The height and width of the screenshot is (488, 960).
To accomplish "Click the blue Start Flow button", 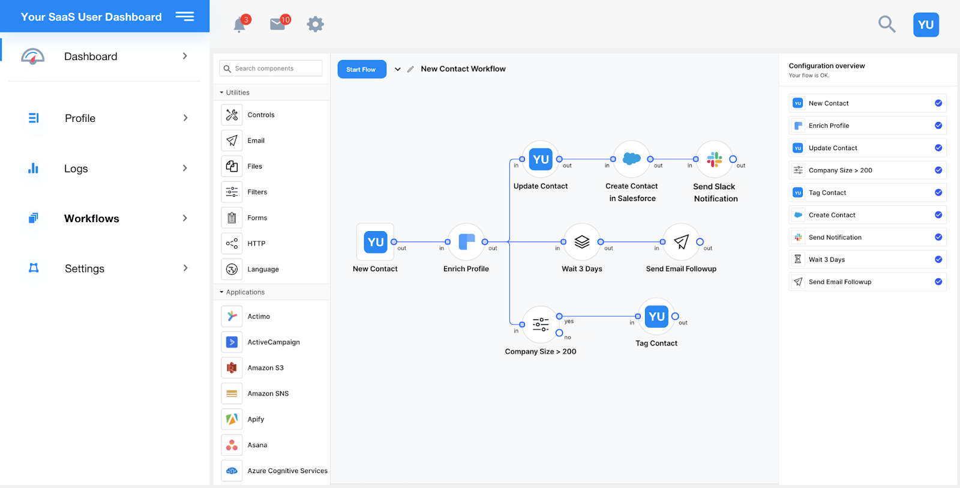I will pyautogui.click(x=361, y=70).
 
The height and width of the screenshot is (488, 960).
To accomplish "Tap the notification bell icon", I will pyautogui.click(x=239, y=25).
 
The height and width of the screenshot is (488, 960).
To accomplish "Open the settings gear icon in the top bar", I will pyautogui.click(x=315, y=24).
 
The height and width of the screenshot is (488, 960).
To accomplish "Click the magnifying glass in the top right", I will pyautogui.click(x=886, y=24).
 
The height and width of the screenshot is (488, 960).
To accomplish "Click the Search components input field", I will pyautogui.click(x=271, y=68).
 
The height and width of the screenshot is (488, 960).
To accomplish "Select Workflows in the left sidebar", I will pyautogui.click(x=92, y=218).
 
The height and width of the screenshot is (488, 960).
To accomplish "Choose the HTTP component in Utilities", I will pyautogui.click(x=256, y=244).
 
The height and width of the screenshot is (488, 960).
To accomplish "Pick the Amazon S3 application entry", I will pyautogui.click(x=265, y=368).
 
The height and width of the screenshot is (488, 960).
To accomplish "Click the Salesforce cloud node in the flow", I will pyautogui.click(x=631, y=159).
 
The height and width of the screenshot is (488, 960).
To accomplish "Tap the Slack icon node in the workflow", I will pyautogui.click(x=714, y=159).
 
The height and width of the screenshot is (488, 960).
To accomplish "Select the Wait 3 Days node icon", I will pyautogui.click(x=582, y=242).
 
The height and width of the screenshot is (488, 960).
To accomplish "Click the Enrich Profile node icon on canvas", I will pyautogui.click(x=466, y=242).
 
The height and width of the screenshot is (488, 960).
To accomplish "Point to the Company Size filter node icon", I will pyautogui.click(x=541, y=325).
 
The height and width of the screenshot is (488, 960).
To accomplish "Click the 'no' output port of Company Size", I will pyautogui.click(x=559, y=333).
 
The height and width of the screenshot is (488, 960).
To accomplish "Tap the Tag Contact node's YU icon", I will pyautogui.click(x=656, y=316).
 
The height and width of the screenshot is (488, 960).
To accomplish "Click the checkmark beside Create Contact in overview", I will pyautogui.click(x=938, y=215).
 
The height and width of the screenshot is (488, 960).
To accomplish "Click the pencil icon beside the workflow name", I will pyautogui.click(x=410, y=70).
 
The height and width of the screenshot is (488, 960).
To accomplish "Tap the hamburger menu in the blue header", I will pyautogui.click(x=185, y=17).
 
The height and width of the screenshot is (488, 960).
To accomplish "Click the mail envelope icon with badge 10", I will pyautogui.click(x=278, y=24).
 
